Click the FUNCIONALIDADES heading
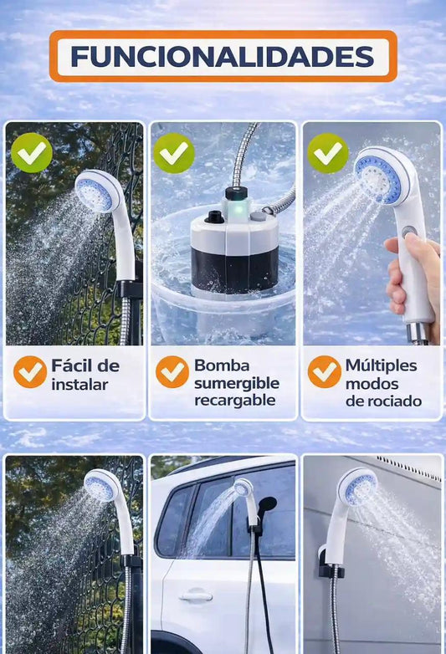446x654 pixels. click(x=223, y=56)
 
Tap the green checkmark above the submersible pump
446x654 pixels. click(x=174, y=153)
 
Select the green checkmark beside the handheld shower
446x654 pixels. click(x=327, y=153)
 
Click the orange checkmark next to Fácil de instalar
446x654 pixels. click(x=30, y=371)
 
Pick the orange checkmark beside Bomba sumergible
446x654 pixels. click(x=172, y=371)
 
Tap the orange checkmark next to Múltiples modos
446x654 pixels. click(x=325, y=371)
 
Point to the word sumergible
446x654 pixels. click(x=237, y=384)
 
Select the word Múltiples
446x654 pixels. click(x=381, y=366)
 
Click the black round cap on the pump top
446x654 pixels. click(x=214, y=217)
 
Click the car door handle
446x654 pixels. click(x=195, y=596)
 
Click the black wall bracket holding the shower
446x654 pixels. click(x=331, y=563)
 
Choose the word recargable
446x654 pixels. click(x=235, y=401)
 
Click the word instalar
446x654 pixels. click(x=79, y=385)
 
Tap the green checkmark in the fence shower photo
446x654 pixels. click(x=32, y=153)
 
